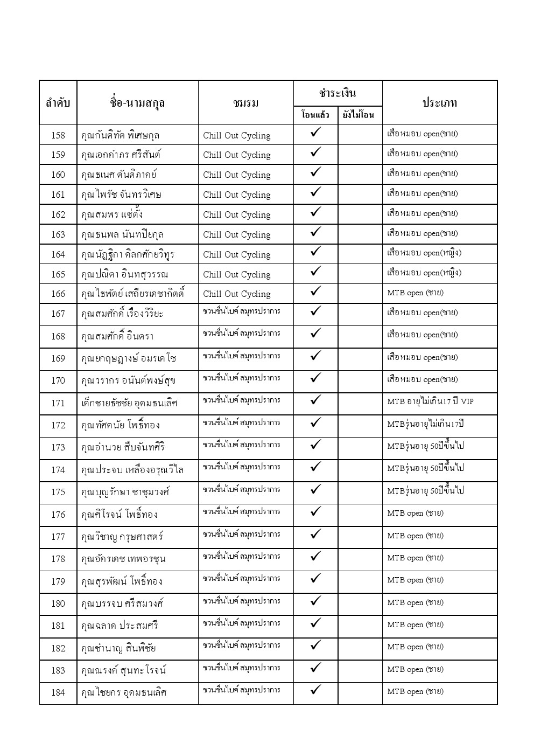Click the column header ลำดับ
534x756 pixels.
[x=58, y=102]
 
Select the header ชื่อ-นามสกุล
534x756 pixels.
[x=137, y=102]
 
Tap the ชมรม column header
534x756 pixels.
[x=246, y=103]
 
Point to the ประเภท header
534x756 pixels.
[x=439, y=102]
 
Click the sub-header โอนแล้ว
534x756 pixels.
[x=315, y=115]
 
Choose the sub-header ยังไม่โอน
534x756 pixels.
[x=360, y=115]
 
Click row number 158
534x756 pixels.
[x=58, y=135]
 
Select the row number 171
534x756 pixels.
[x=58, y=403]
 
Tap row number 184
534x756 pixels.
[x=58, y=692]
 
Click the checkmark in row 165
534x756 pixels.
[x=316, y=272]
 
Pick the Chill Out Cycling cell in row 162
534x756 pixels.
[x=237, y=214]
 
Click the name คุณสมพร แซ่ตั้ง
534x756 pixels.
[x=112, y=214]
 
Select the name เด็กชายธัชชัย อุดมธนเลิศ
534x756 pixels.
[x=129, y=403]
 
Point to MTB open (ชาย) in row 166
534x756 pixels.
[x=416, y=293]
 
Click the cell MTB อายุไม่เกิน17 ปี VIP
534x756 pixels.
[x=431, y=401]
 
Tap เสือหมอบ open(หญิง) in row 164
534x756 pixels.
[x=424, y=253]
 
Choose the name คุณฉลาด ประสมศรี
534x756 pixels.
[x=120, y=626]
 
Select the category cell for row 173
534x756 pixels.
[x=425, y=446]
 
